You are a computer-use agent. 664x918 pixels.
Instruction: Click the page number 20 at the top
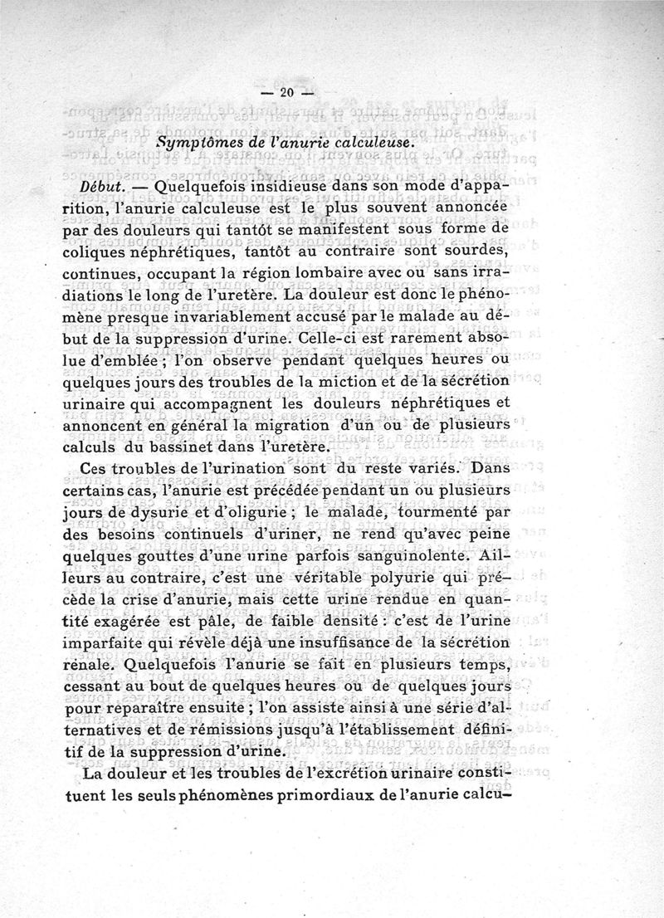(289, 93)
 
